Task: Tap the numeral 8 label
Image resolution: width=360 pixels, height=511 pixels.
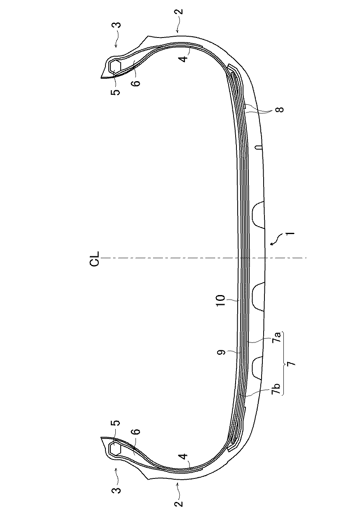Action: pos(281,110)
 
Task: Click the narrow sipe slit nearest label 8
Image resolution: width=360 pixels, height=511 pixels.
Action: pos(258,147)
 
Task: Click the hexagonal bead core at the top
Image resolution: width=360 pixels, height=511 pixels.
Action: pos(115,66)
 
